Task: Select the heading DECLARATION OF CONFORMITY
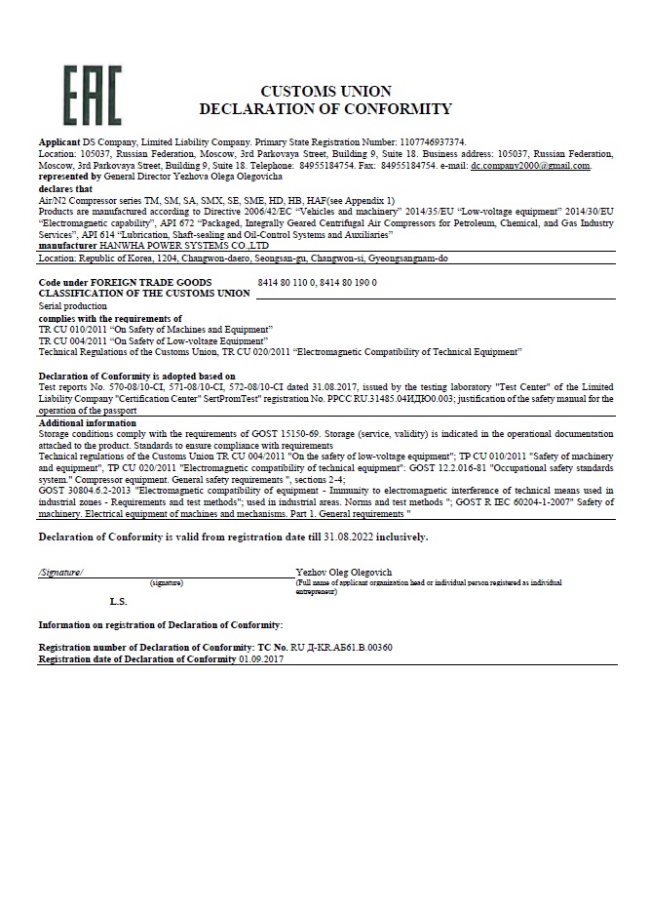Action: (325, 108)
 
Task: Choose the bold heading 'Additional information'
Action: (87, 423)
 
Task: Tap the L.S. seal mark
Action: (118, 601)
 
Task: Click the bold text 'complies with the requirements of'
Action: (109, 318)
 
